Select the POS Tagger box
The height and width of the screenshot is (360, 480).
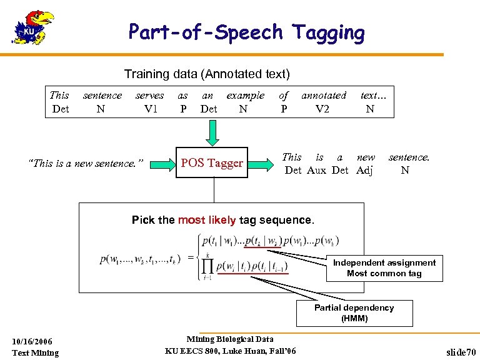click(211, 163)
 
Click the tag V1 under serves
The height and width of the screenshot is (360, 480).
click(150, 109)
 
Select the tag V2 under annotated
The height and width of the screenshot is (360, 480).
click(322, 109)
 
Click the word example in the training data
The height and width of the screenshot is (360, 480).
click(245, 96)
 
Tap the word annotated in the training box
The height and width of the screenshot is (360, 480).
click(323, 96)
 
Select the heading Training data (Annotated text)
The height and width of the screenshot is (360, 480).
click(207, 74)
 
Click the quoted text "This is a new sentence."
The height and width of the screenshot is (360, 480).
click(86, 164)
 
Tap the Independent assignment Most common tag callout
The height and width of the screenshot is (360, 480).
click(384, 268)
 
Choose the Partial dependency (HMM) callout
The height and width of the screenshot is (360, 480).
click(354, 313)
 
